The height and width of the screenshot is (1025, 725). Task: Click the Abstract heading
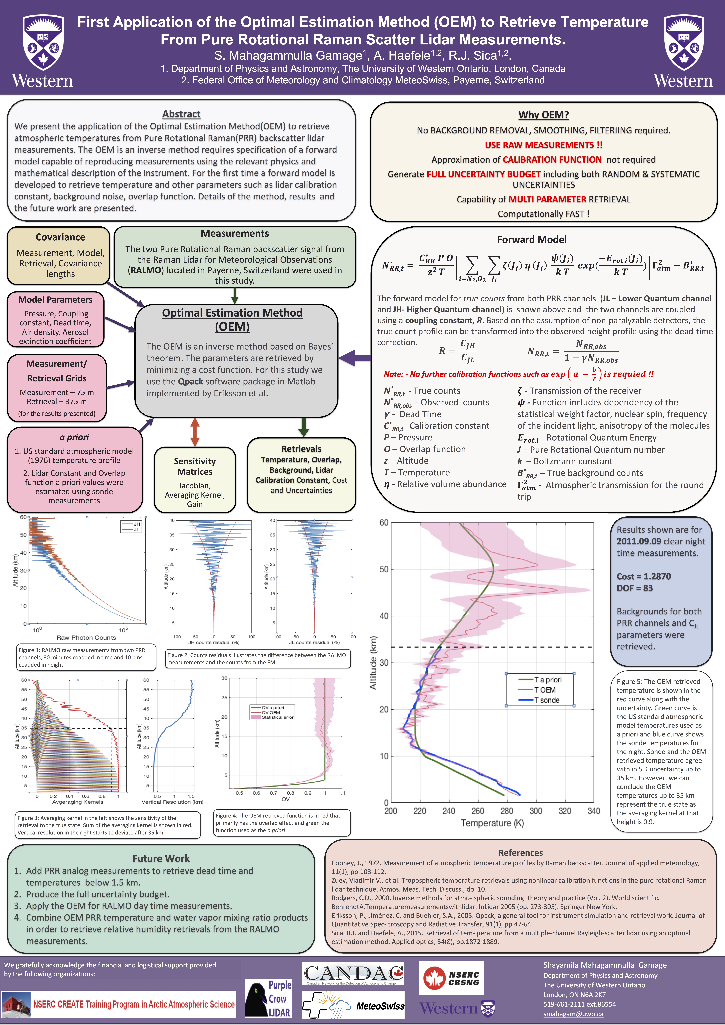[x=181, y=114]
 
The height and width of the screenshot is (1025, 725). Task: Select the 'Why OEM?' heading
[x=543, y=115]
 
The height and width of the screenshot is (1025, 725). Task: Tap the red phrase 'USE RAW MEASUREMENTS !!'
[x=543, y=145]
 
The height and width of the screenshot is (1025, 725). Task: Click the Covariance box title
[x=60, y=237]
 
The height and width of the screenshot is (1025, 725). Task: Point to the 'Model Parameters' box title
[x=55, y=300]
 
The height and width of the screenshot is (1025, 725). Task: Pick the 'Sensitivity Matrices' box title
[x=195, y=467]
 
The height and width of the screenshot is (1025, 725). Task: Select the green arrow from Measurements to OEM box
[x=235, y=295]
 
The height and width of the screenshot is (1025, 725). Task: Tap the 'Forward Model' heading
[x=532, y=239]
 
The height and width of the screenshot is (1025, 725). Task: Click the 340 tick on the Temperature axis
[x=593, y=811]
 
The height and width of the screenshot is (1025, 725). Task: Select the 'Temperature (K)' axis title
[x=492, y=823]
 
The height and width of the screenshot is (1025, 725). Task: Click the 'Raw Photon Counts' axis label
[x=86, y=637]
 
